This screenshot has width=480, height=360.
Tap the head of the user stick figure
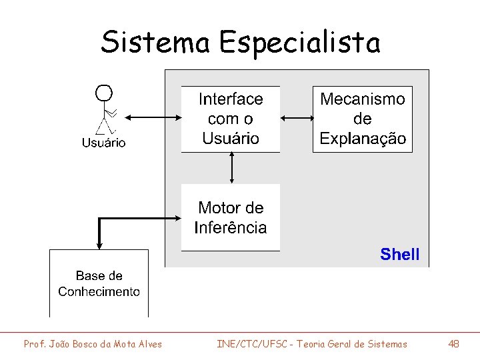pos(103,92)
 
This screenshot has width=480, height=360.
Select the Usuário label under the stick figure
pos(103,142)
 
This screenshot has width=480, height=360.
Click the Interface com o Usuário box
pos(231,119)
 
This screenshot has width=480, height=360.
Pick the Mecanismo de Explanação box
pos(363,119)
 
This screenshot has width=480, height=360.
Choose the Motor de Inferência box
pos(231,217)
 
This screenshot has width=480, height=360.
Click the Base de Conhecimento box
pos(99,283)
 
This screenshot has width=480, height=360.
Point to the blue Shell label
pos(399,254)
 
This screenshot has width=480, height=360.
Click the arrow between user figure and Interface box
pos(153,118)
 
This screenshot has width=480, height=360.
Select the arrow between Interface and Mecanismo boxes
pos(297,119)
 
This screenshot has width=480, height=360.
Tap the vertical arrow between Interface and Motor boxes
pos(231,168)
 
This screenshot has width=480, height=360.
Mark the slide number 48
pos(453,344)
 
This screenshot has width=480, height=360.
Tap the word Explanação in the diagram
pos(363,139)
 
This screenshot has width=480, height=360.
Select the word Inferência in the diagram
pos(231,227)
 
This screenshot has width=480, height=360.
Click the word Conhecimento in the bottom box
pos(99,291)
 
